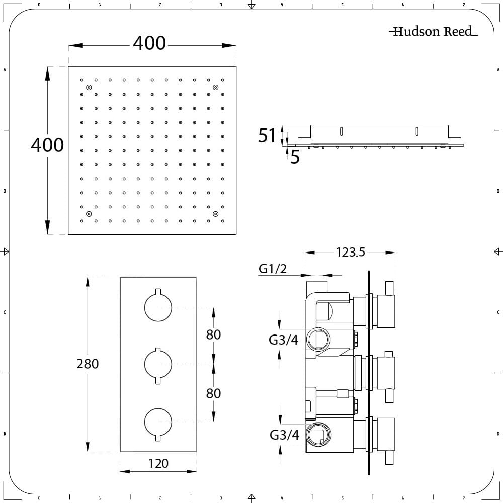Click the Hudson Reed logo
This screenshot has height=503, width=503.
click(x=433, y=31)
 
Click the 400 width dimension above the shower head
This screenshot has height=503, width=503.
click(x=149, y=43)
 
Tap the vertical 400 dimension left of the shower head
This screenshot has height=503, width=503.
click(x=47, y=145)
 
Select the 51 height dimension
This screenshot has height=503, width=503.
click(x=267, y=135)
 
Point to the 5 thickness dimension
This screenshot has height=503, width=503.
click(x=295, y=157)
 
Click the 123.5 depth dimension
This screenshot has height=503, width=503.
click(x=350, y=253)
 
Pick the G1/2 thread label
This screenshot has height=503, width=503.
click(x=273, y=269)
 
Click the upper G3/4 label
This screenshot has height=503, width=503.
click(x=283, y=340)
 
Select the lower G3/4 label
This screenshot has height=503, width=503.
click(x=284, y=435)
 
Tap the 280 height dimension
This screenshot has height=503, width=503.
click(x=88, y=364)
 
